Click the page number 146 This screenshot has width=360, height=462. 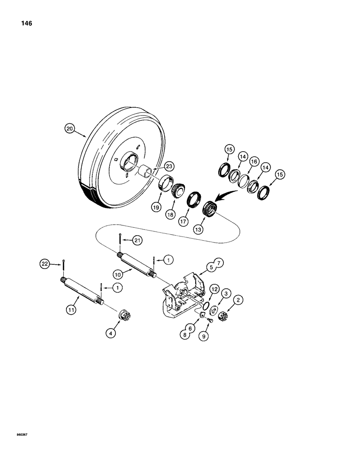click(25, 24)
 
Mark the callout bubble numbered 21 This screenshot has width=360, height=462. click(137, 240)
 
